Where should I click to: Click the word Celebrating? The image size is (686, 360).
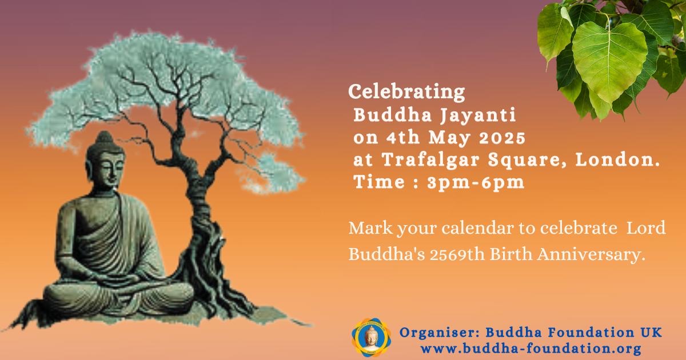[406, 92]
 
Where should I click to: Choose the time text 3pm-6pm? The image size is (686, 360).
[476, 183]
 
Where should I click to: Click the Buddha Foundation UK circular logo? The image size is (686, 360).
[372, 338]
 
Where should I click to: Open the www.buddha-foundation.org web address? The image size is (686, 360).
[531, 349]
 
